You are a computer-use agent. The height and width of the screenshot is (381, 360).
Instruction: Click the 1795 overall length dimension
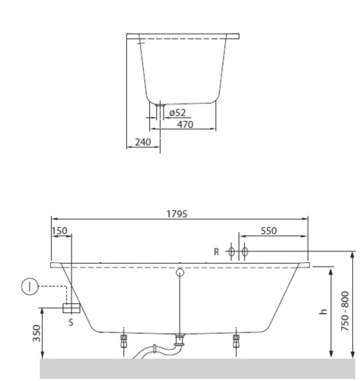point(177,214)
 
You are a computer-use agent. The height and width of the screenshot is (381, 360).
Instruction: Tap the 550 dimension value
point(269,231)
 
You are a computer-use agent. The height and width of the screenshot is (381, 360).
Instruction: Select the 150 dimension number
point(59,231)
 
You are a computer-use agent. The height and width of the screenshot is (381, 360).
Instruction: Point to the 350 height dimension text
point(37,333)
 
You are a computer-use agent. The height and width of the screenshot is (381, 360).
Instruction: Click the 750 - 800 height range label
point(345,311)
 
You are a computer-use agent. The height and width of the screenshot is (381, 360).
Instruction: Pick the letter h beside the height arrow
point(323,312)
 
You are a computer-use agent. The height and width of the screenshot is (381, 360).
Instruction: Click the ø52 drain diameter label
point(177,113)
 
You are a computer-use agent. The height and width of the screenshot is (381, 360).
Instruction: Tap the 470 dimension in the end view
point(185,124)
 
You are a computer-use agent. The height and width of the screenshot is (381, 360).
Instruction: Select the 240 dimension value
point(143,142)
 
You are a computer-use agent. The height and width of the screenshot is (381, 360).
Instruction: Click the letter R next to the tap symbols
point(216,252)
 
